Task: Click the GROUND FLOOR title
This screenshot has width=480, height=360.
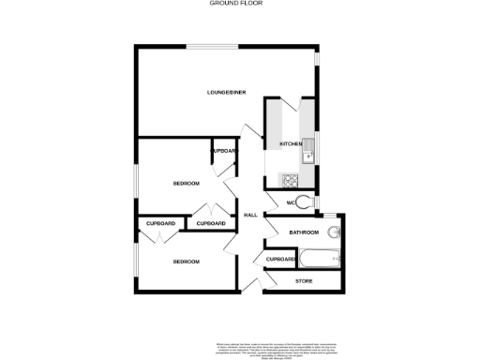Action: [x=236, y=4]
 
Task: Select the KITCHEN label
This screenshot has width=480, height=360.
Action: [x=291, y=143]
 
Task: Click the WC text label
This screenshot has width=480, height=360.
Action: [x=292, y=202]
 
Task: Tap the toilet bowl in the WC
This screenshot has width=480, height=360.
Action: [x=307, y=201]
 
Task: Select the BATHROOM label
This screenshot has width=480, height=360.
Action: [x=304, y=232]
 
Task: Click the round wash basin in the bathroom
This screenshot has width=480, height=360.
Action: [x=335, y=232]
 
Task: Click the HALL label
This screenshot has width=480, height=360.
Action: [x=250, y=216]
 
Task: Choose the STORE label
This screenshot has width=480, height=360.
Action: [x=304, y=281]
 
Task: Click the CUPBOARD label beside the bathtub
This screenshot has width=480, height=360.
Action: [x=281, y=259]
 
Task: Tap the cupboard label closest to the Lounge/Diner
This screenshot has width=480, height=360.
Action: [x=224, y=150]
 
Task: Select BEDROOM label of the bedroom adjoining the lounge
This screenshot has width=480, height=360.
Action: [x=186, y=183]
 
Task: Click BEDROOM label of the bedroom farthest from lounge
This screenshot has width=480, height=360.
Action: [x=186, y=262]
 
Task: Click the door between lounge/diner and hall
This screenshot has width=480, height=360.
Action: [x=248, y=132]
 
